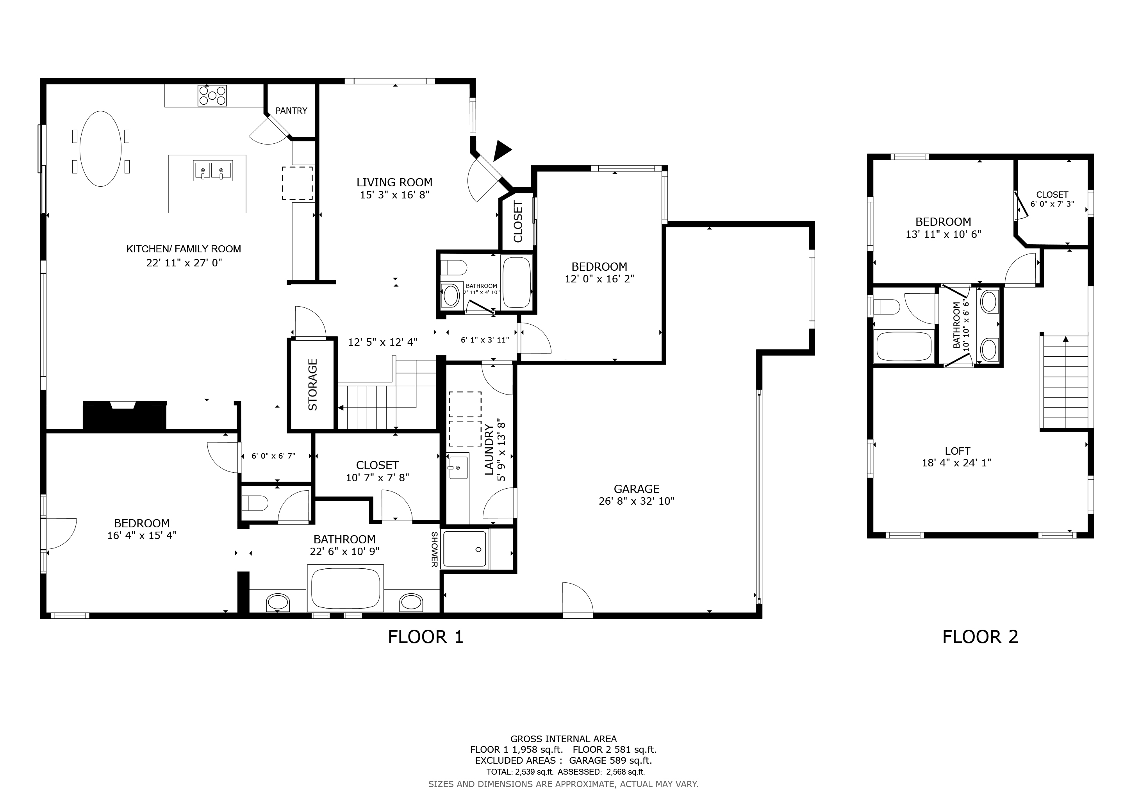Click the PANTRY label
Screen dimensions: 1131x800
click(291, 111)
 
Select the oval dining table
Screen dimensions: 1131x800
click(100, 149)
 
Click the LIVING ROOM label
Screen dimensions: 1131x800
click(394, 182)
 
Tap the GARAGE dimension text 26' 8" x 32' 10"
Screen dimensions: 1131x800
click(637, 501)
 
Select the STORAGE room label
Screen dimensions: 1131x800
click(313, 385)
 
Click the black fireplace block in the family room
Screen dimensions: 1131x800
click(125, 416)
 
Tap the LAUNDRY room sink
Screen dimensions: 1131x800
click(458, 468)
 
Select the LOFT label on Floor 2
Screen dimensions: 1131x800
click(958, 451)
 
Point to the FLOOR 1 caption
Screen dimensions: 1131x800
click(426, 637)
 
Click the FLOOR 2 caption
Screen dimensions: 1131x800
click(980, 637)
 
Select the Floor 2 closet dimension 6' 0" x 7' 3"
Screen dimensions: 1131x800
click(1052, 204)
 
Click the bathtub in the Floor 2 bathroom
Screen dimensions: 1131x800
click(904, 346)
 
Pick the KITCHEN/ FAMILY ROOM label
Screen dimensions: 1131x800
click(184, 249)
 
